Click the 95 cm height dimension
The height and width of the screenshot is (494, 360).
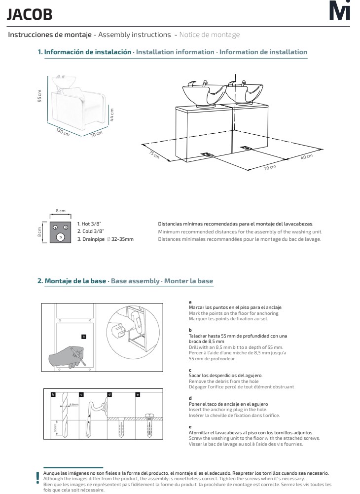(x=40, y=97)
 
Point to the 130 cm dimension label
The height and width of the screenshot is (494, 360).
(x=63, y=132)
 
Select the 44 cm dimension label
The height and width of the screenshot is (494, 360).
(x=112, y=115)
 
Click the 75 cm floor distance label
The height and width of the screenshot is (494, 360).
(x=154, y=153)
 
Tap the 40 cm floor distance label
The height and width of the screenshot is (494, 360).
(x=307, y=156)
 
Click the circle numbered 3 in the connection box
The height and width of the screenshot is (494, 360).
(x=60, y=237)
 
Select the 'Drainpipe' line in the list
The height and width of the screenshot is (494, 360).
(x=105, y=239)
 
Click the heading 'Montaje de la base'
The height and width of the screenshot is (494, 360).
(x=75, y=281)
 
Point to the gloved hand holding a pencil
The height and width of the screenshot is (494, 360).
(x=64, y=360)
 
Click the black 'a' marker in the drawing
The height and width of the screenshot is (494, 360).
(x=83, y=337)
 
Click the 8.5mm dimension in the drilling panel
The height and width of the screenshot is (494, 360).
(x=73, y=405)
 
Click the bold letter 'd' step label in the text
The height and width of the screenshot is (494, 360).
(x=190, y=397)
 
